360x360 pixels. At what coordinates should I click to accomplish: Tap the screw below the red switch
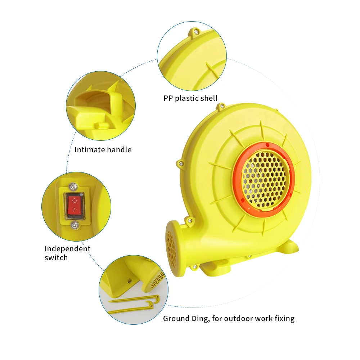tap(75, 225)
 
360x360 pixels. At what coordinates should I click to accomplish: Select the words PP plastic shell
tap(190, 98)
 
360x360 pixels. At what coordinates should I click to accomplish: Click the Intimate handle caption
tap(103, 149)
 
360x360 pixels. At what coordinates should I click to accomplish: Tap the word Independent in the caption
tap(68, 249)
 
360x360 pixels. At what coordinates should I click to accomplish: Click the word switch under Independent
tap(56, 258)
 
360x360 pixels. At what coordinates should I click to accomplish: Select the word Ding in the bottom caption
tap(198, 319)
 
